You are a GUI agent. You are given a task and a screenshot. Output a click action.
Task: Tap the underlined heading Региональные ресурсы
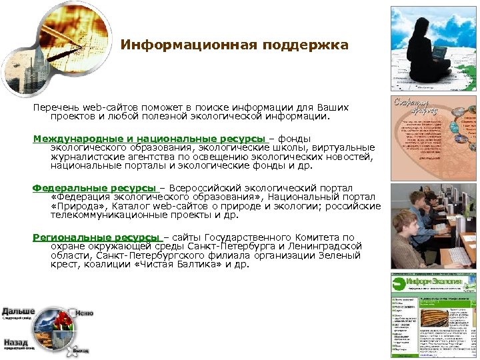tap(97, 237)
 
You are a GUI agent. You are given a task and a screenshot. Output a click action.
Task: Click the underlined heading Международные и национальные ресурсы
tap(149, 139)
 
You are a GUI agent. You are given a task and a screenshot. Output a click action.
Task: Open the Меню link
tap(84, 313)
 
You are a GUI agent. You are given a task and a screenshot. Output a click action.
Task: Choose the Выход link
tap(81, 350)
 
